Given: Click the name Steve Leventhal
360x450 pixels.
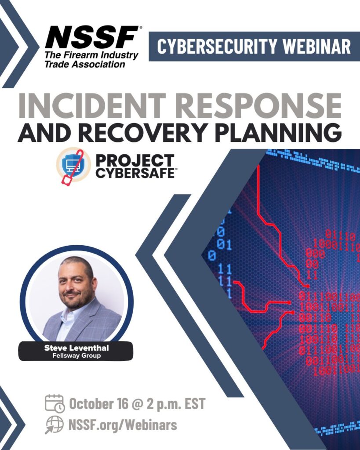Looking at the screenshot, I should pos(76,348).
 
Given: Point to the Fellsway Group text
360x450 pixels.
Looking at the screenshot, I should pos(76,356).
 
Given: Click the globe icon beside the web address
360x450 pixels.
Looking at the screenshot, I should pos(54,425).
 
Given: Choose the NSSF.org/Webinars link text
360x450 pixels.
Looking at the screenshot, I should pos(123,425).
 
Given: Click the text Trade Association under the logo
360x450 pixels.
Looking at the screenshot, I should pos(84,64).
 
